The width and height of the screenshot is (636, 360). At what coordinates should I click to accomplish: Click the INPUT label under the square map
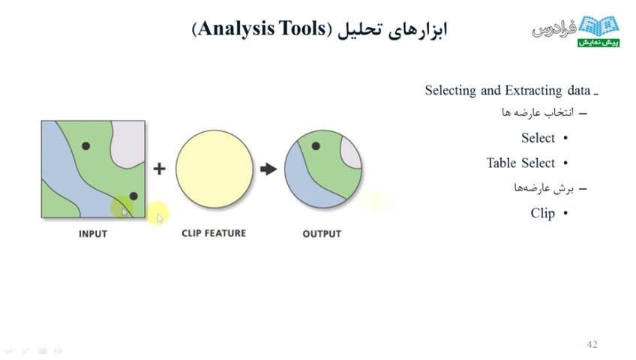[x=93, y=234]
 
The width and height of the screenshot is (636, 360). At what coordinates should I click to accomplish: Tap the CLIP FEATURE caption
[x=214, y=233]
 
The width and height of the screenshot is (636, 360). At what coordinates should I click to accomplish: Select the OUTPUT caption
[x=322, y=234]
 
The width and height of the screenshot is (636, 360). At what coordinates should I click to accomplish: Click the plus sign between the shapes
[x=160, y=168]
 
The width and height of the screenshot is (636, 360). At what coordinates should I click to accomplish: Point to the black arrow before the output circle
[x=268, y=169]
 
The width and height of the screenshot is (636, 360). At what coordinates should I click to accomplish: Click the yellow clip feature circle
[x=214, y=169]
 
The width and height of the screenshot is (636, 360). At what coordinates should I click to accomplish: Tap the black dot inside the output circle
[x=316, y=146]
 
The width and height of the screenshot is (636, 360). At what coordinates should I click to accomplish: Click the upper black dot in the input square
[x=85, y=146]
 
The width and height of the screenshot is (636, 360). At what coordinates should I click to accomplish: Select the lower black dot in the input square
[x=133, y=196]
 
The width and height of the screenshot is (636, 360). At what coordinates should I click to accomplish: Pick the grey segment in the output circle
[x=351, y=153]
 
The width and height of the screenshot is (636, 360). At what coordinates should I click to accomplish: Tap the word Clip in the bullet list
[x=543, y=213]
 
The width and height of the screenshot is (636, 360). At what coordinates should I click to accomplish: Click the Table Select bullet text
[x=520, y=163]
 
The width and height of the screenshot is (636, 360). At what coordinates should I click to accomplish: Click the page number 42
[x=592, y=344]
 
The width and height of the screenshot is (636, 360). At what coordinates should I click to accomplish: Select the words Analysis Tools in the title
[x=262, y=28]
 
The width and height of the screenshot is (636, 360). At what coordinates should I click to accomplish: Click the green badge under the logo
[x=598, y=42]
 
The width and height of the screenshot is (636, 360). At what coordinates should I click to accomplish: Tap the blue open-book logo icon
[x=598, y=26]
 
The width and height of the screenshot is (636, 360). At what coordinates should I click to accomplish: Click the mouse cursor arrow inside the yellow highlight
[x=160, y=218]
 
